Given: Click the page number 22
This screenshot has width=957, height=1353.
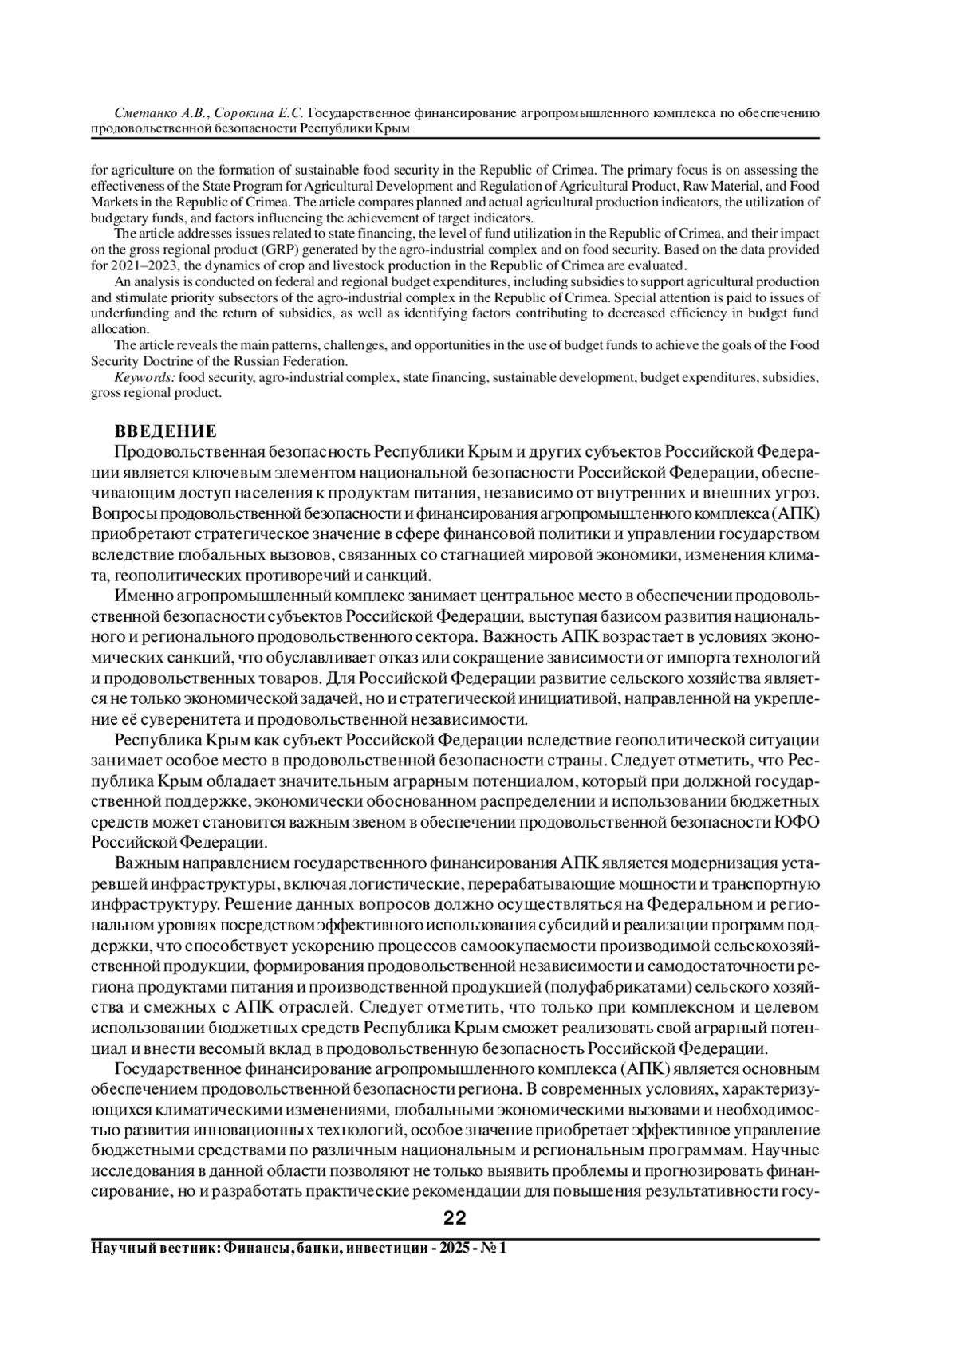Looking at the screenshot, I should click(x=455, y=1217).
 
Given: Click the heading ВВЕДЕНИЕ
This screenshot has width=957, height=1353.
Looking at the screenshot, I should click(x=165, y=431).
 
